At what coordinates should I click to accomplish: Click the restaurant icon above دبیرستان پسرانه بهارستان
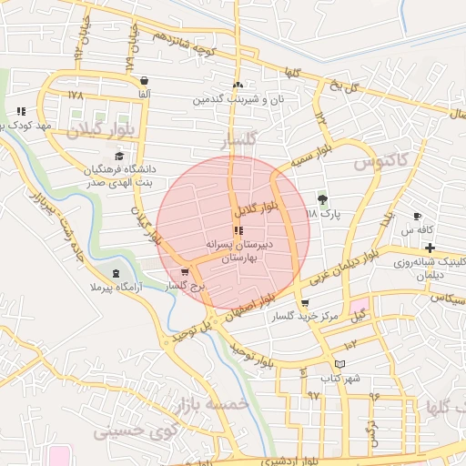point(238,230)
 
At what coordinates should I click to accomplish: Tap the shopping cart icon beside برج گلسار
point(186,271)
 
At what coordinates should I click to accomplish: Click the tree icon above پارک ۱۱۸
point(321,199)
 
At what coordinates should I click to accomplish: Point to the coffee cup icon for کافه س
point(417,216)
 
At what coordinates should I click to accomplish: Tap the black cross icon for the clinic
point(430,248)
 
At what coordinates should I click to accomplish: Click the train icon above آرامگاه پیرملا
point(116,273)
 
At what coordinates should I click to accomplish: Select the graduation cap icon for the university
point(119,157)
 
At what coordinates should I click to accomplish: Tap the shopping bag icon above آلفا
point(144,80)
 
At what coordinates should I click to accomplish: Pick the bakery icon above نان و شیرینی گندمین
point(237,86)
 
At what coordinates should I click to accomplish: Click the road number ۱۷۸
point(75,94)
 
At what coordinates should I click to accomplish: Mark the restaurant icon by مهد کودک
point(20,111)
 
